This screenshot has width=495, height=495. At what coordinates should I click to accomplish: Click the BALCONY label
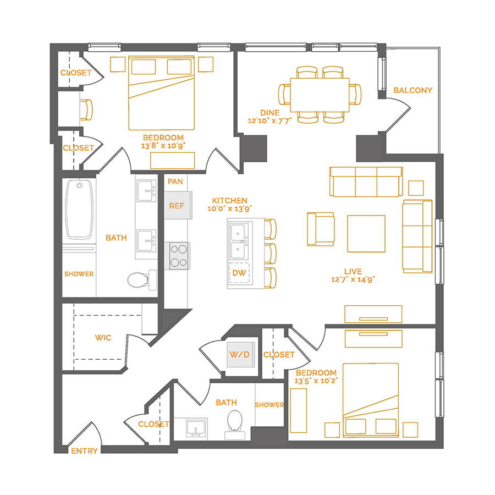[413, 90]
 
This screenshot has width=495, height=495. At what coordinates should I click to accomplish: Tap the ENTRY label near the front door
[84, 451]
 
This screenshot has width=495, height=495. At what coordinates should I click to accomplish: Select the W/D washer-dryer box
[239, 355]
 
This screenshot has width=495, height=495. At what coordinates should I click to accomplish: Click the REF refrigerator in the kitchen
[177, 206]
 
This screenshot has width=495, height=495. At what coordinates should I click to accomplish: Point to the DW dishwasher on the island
[239, 273]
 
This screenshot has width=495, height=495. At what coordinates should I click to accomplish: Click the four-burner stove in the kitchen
[178, 256]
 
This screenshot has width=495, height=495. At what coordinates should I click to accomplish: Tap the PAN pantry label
[175, 182]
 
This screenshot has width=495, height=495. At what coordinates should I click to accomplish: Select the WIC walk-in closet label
[103, 337]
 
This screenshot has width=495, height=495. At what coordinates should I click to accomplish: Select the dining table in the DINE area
[320, 94]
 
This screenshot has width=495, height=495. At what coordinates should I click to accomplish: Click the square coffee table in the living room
[366, 233]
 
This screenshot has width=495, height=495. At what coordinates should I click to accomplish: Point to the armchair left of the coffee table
[321, 229]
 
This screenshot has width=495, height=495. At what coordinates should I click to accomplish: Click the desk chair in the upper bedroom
[86, 109]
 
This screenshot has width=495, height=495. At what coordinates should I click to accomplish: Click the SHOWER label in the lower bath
[269, 405]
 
